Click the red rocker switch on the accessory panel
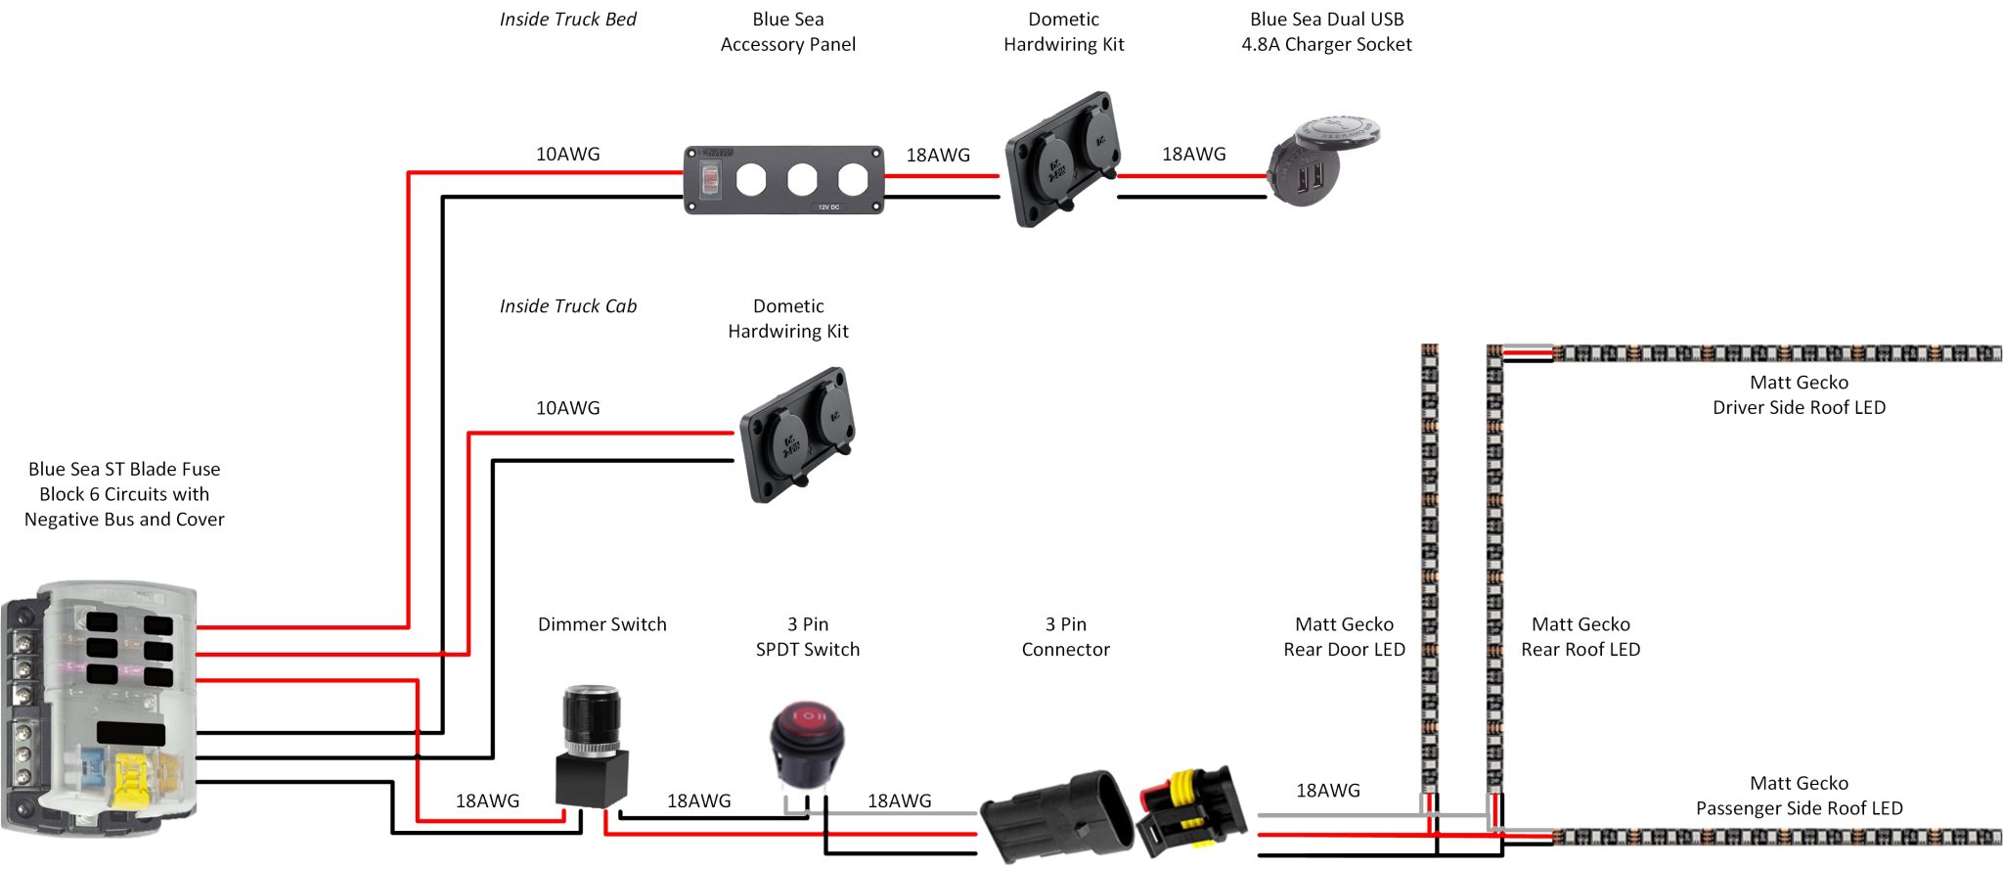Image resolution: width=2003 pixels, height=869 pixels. (x=710, y=179)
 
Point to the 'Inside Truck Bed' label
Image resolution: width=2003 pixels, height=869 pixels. (x=567, y=20)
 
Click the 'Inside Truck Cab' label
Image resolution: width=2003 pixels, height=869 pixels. (x=567, y=306)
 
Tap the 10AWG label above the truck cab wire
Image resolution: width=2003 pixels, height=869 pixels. (x=567, y=408)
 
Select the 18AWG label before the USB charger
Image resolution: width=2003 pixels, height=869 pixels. (x=1193, y=154)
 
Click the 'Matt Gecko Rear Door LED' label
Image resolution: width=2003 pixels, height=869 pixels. (x=1344, y=636)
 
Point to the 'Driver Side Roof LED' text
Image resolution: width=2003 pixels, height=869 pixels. (x=1799, y=407)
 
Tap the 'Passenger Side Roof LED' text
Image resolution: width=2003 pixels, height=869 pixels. (x=1799, y=808)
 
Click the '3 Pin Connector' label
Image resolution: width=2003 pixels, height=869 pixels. (x=1065, y=636)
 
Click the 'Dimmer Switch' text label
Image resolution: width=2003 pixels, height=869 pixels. (x=601, y=624)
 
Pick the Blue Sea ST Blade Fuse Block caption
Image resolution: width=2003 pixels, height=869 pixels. (x=124, y=494)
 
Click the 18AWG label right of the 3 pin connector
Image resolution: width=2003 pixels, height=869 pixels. (x=1327, y=791)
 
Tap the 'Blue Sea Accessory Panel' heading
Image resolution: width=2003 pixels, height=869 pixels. (x=787, y=31)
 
